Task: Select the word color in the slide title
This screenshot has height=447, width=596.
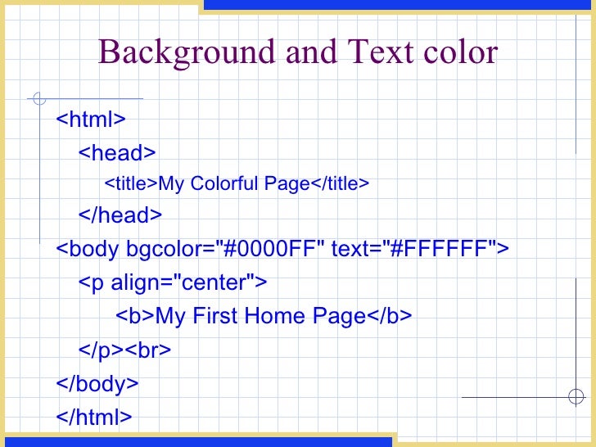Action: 459,53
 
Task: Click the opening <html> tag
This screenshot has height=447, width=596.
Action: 90,120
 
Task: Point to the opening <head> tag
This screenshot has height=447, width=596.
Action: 116,153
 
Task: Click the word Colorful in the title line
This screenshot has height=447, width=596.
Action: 227,184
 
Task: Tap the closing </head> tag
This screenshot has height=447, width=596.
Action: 120,215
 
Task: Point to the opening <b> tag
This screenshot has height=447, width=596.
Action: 135,316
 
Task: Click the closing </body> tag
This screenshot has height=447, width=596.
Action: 97,383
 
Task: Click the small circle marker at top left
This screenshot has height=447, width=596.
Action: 38,100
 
